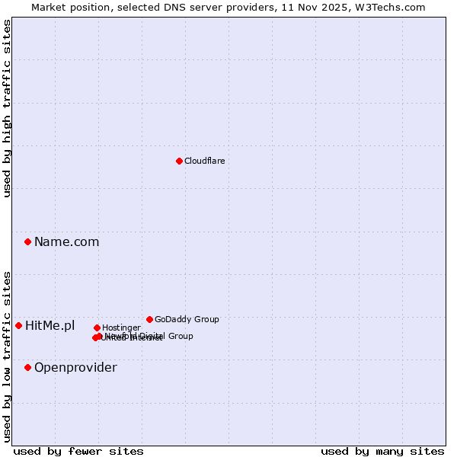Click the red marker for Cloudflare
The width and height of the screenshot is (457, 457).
[179, 161]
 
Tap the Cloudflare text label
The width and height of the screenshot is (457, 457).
[204, 161]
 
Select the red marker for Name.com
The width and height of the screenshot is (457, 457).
[28, 241]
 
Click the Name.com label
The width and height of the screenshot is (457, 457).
[66, 241]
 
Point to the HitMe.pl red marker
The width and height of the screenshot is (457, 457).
[19, 325]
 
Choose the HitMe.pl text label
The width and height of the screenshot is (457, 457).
[50, 325]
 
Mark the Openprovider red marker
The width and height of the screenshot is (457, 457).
[28, 367]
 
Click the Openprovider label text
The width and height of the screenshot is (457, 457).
[75, 367]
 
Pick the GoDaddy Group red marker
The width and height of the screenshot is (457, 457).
[149, 319]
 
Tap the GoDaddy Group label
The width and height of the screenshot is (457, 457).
[187, 319]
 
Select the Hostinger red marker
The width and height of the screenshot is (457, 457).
[97, 328]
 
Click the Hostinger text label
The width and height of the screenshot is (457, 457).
[121, 328]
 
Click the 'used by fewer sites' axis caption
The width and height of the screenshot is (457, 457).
[78, 451]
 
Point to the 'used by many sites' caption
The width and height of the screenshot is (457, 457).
[382, 451]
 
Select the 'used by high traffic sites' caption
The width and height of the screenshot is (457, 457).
[7, 108]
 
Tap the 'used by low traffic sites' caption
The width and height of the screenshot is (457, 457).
[7, 356]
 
